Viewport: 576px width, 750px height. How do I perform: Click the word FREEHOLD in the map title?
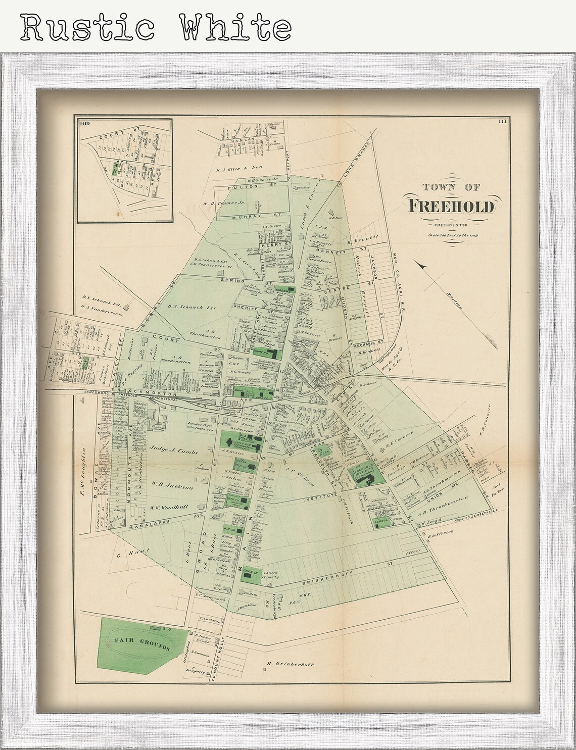click(x=452, y=206)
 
